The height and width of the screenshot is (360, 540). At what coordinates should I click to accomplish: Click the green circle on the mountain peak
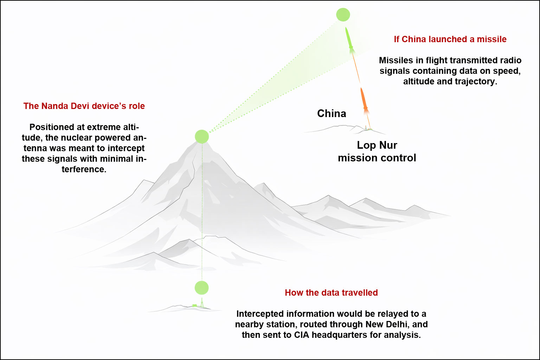pos(202,136)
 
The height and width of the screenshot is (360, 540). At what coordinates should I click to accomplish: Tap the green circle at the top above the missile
pos(343,15)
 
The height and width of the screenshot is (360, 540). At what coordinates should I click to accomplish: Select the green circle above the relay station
pos(201,288)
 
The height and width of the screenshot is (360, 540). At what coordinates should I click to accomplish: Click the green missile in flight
pos(349,39)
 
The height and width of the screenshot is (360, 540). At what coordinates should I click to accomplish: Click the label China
pos(332,113)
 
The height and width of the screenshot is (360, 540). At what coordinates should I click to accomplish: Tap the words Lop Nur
pos(377,145)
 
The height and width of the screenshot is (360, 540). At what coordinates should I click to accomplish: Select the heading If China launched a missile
pos(450,39)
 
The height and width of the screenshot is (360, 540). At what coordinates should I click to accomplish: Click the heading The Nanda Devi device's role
pos(84,106)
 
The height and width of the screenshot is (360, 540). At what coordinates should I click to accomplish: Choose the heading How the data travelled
pos(331,292)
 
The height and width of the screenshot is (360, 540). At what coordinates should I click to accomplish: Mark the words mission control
pos(377,157)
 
